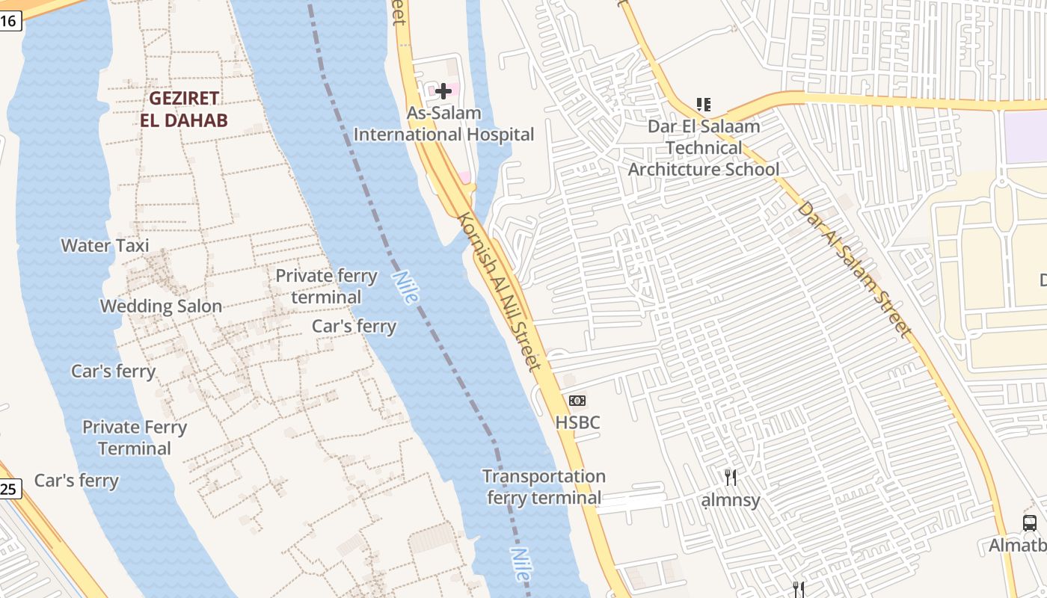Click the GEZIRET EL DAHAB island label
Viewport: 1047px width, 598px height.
click(183, 108)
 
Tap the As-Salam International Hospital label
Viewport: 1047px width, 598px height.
click(443, 124)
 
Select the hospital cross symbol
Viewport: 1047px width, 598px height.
click(443, 91)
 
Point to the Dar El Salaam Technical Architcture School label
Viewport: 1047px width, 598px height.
click(704, 147)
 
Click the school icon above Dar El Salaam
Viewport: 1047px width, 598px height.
click(703, 104)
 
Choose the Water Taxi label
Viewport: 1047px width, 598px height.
click(105, 245)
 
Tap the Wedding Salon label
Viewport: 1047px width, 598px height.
click(161, 306)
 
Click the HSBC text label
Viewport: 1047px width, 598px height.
click(577, 422)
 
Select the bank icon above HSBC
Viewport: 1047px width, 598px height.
click(577, 401)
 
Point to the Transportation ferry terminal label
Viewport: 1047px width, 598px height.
click(544, 487)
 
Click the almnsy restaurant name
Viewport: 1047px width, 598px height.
click(731, 500)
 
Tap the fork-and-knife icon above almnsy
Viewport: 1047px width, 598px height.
click(731, 477)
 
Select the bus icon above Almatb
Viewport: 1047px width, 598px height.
click(1030, 523)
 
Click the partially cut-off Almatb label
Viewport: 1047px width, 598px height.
click(1018, 546)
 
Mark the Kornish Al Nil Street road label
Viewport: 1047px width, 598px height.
click(498, 292)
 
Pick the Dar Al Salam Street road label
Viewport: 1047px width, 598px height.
click(855, 269)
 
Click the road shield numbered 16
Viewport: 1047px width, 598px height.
click(9, 20)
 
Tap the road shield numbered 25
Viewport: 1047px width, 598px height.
click(9, 489)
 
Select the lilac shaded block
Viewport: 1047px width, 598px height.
click(1026, 136)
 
